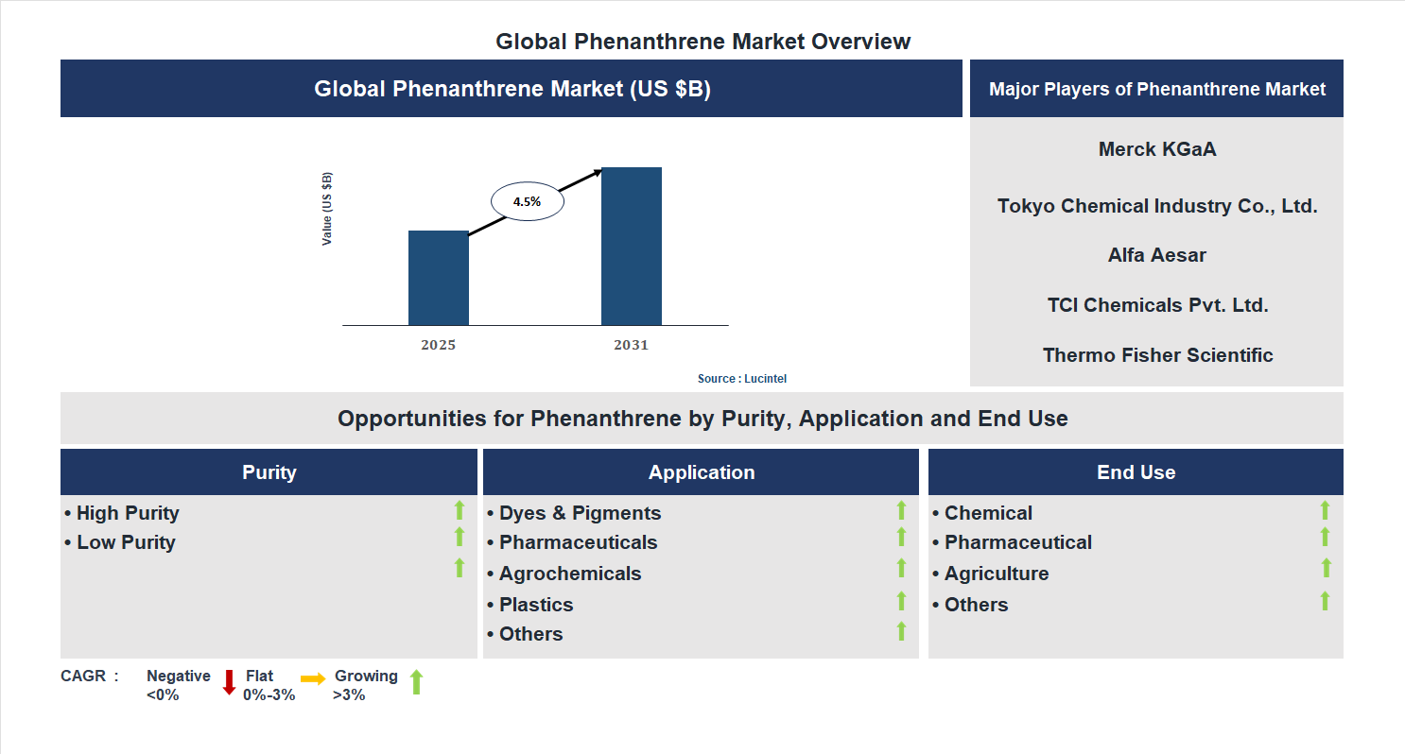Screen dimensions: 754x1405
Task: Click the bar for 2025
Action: [438, 278]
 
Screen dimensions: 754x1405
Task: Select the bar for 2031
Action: [631, 247]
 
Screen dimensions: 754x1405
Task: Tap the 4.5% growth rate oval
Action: [527, 201]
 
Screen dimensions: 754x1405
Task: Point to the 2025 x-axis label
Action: [438, 345]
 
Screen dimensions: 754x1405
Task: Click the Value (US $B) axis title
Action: [327, 209]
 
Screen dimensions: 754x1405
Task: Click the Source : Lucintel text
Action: [741, 379]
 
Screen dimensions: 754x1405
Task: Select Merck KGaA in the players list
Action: [1156, 149]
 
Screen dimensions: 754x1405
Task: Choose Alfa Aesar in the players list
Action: [1156, 255]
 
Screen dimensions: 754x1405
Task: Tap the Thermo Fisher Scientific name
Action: [1157, 355]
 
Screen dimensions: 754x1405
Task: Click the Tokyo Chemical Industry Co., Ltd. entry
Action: [1156, 206]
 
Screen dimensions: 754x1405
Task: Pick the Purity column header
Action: [269, 472]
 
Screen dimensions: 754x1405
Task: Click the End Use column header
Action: [1136, 472]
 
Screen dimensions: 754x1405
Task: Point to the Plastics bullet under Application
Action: [536, 605]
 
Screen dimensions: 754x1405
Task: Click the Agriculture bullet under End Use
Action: [996, 574]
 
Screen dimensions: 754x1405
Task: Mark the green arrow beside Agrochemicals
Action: [901, 568]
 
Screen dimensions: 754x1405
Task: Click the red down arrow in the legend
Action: [229, 682]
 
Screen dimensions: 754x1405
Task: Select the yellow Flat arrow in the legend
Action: [313, 678]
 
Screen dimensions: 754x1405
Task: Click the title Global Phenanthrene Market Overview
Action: [702, 42]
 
